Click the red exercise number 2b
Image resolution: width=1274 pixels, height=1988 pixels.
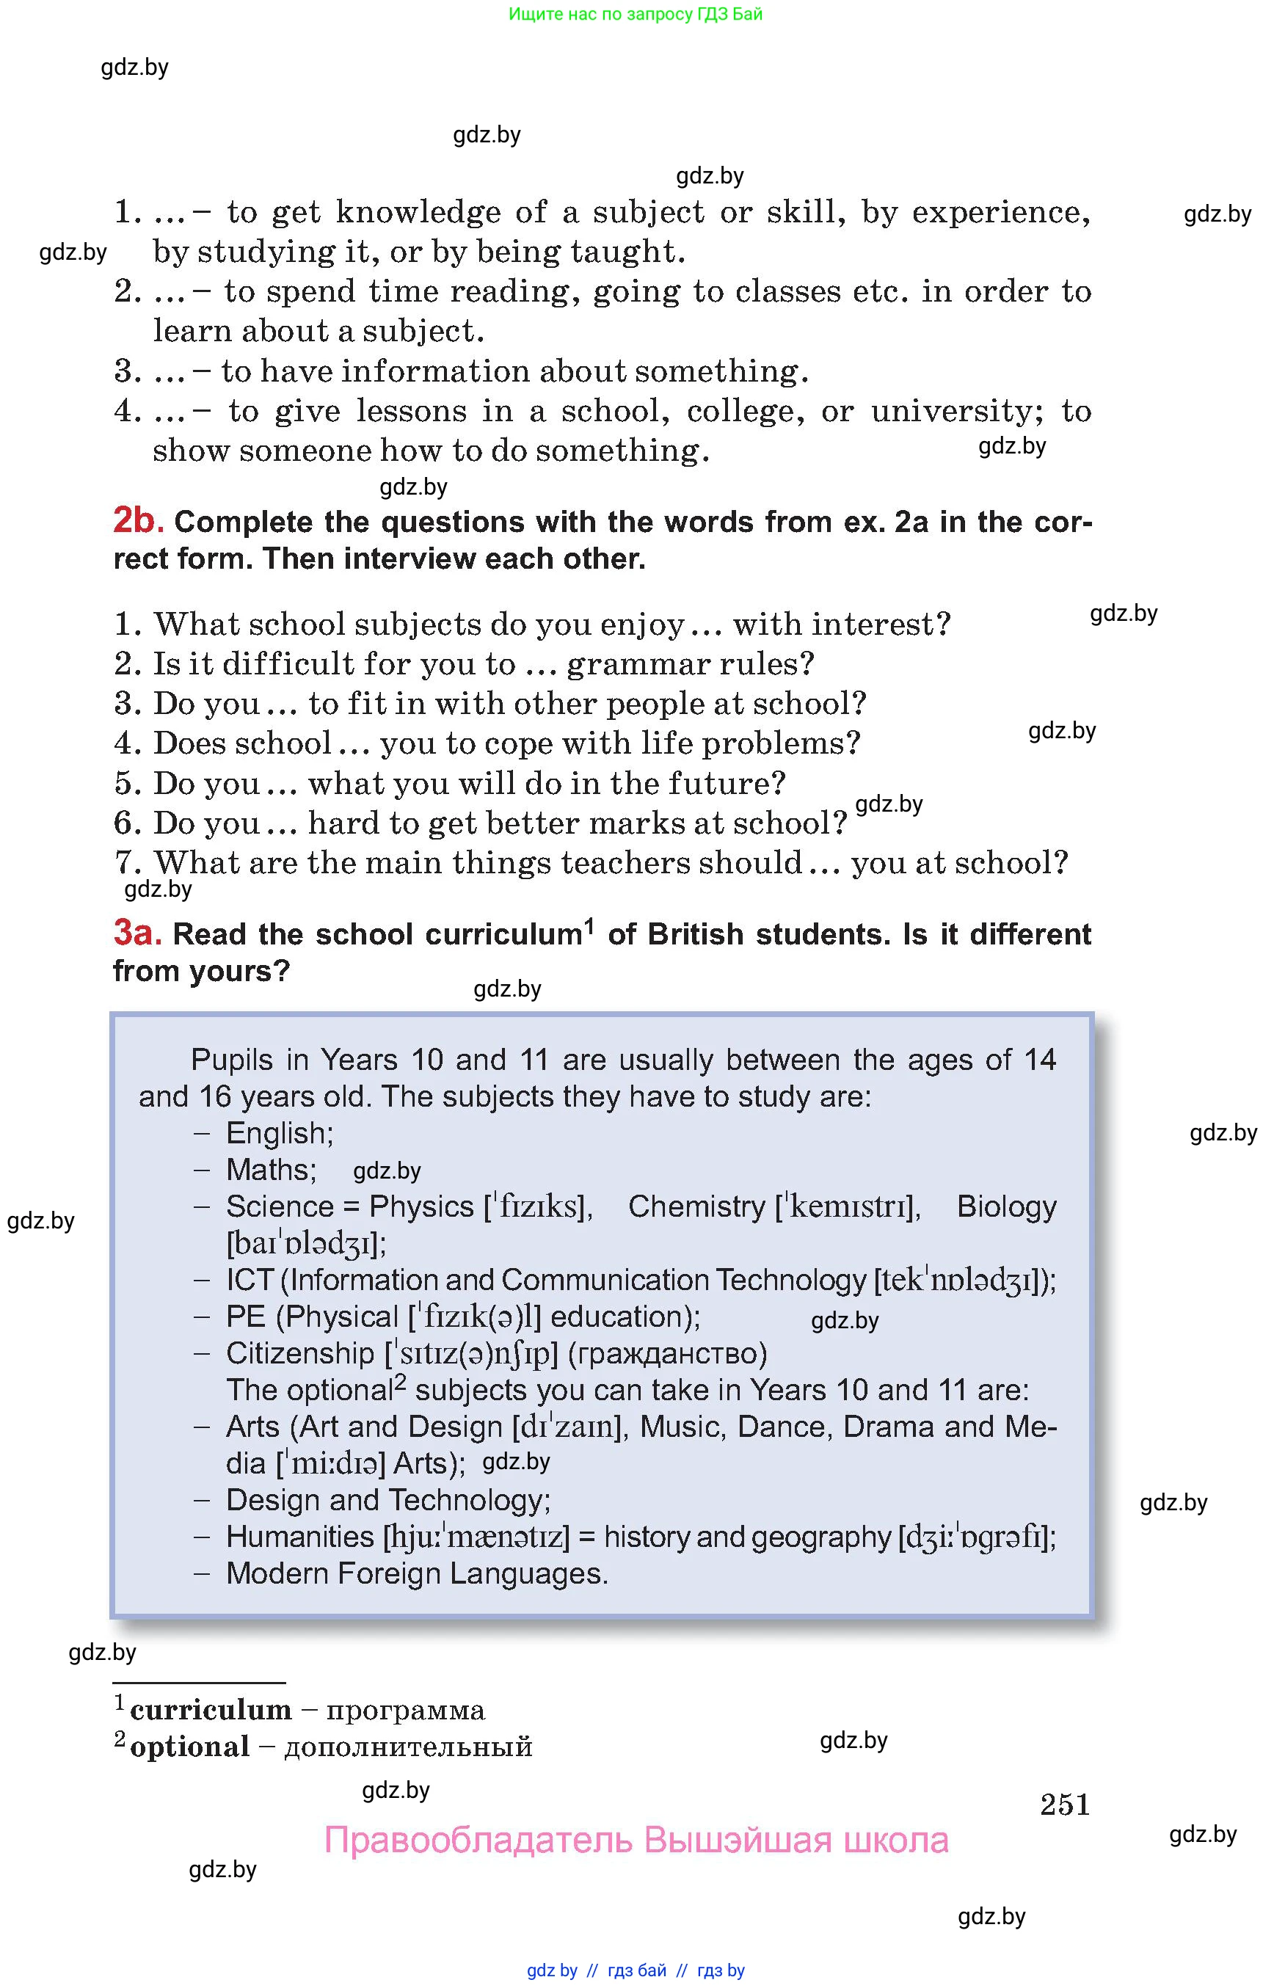point(138,520)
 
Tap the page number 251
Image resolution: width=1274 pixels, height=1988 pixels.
point(1065,1805)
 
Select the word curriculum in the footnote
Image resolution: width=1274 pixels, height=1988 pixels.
point(211,1710)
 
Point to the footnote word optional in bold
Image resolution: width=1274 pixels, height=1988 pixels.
point(190,1747)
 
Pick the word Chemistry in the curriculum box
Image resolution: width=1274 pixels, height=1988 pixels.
point(696,1206)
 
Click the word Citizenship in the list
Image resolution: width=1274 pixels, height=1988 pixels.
point(299,1353)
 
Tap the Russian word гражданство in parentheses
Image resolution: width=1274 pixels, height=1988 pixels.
point(668,1353)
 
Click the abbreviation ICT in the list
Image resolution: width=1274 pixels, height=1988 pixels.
point(249,1280)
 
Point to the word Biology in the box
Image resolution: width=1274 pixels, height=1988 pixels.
point(1006,1206)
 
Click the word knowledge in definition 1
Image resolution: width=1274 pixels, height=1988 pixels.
point(418,213)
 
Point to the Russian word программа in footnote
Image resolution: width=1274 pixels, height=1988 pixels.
point(405,1710)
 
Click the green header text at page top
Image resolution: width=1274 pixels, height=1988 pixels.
point(636,14)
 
